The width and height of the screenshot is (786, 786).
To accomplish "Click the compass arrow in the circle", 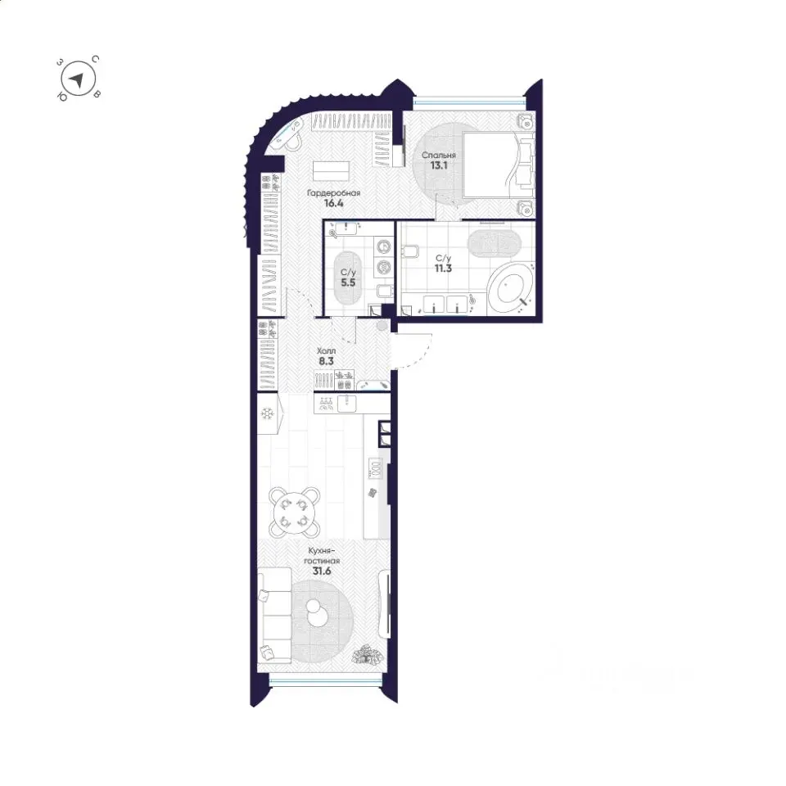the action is pyautogui.click(x=77, y=79).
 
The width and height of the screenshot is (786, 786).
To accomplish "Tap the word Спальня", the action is pyautogui.click(x=439, y=155).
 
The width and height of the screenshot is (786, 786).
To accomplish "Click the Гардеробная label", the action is pyautogui.click(x=334, y=193).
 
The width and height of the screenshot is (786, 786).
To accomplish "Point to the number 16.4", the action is pyautogui.click(x=333, y=204).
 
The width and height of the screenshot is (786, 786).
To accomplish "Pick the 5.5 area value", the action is pyautogui.click(x=348, y=282).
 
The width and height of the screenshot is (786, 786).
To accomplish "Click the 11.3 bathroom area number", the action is pyautogui.click(x=443, y=269).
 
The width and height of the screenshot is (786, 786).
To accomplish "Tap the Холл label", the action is pyautogui.click(x=327, y=351).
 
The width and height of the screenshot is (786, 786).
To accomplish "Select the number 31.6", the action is pyautogui.click(x=321, y=571).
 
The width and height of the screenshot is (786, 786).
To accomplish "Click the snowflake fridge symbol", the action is pyautogui.click(x=267, y=414).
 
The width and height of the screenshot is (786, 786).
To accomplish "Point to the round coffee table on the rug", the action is pyautogui.click(x=316, y=613).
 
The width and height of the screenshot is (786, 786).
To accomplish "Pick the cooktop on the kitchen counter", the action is pyautogui.click(x=377, y=468).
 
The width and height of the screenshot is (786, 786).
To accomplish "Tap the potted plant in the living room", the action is pyautogui.click(x=368, y=656).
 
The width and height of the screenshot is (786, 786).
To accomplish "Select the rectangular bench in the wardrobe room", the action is pyautogui.click(x=332, y=171).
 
